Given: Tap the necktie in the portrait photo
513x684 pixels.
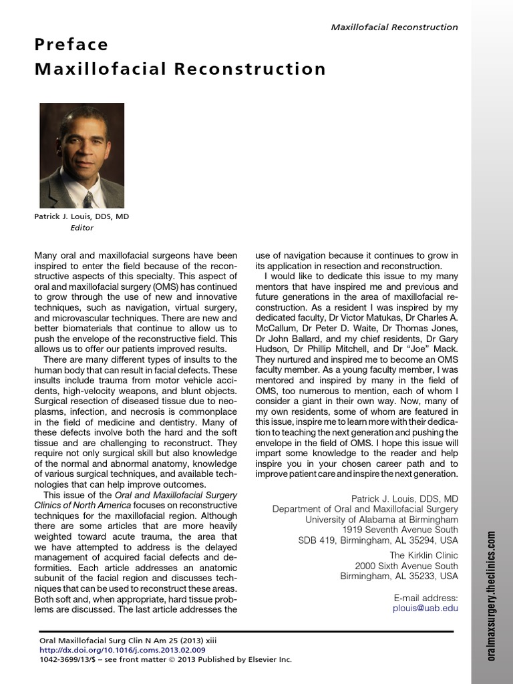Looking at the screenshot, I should [88, 198].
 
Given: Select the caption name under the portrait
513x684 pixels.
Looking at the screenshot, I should [81, 217].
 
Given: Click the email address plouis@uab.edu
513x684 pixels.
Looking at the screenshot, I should [425, 609].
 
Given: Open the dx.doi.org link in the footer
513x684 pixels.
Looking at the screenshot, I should [122, 650].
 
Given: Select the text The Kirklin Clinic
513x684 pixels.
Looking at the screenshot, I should [424, 554].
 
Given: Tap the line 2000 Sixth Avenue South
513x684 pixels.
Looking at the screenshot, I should [406, 565].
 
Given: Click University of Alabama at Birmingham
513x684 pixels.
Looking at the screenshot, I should [381, 519].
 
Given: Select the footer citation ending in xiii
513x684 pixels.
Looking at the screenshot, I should [128, 640].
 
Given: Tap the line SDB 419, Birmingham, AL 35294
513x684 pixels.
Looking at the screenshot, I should [378, 540].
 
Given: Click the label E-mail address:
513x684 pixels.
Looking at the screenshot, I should [426, 598].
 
